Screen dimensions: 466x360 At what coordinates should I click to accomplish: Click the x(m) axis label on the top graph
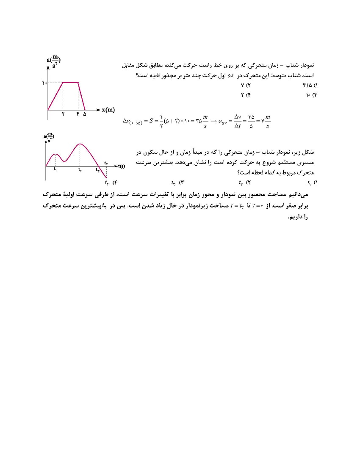(108, 110)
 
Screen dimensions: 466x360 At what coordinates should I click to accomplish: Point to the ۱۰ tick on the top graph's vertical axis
(44, 83)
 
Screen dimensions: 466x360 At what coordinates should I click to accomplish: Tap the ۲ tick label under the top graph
(63, 114)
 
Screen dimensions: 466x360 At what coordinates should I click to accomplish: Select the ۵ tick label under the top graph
(85, 114)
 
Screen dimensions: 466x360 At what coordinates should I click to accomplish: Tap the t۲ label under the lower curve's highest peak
(80, 170)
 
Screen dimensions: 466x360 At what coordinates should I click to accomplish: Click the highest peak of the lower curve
(80, 144)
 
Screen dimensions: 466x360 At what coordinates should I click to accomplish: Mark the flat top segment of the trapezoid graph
(70, 82)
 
